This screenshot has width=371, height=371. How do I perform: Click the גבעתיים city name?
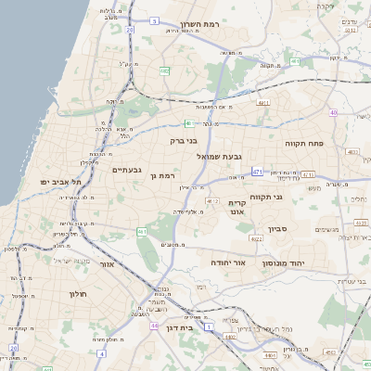coord(126,170)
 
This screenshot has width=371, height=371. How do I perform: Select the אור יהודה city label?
coord(226,262)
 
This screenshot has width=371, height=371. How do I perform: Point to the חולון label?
coord(76,294)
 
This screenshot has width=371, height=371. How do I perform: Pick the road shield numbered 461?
coord(142,231)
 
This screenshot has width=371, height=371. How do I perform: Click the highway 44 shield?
coord(154,326)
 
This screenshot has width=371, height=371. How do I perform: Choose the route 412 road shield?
coord(213,200)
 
